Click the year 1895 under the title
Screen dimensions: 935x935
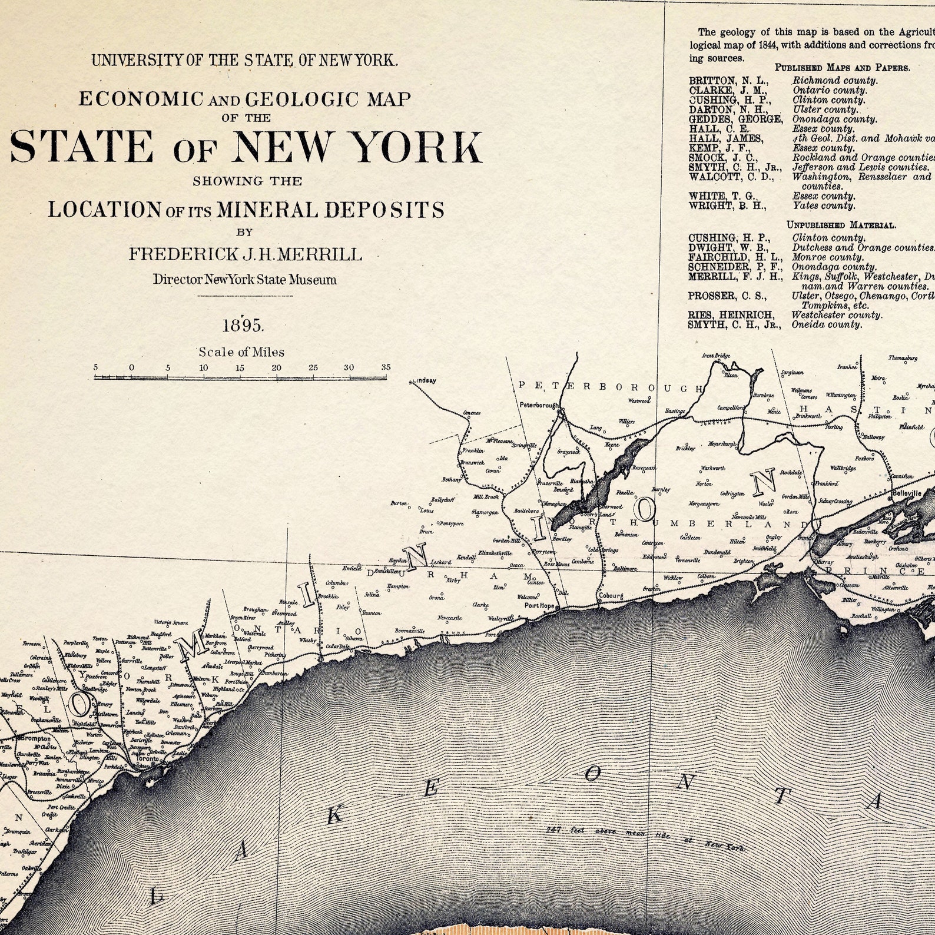244,325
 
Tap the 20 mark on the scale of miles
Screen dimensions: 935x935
276,368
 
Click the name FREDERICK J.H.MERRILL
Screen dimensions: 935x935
245,254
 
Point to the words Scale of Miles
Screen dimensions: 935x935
241,352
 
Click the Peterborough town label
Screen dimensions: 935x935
539,405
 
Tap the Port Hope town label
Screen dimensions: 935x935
539,605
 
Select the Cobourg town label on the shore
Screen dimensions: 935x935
611,595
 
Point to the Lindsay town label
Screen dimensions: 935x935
425,381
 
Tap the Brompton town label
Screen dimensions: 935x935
37,738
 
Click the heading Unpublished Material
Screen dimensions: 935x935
841,225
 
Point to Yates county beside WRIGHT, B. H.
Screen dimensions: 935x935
823,205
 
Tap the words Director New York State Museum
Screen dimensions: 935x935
245,280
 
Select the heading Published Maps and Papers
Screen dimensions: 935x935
842,68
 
